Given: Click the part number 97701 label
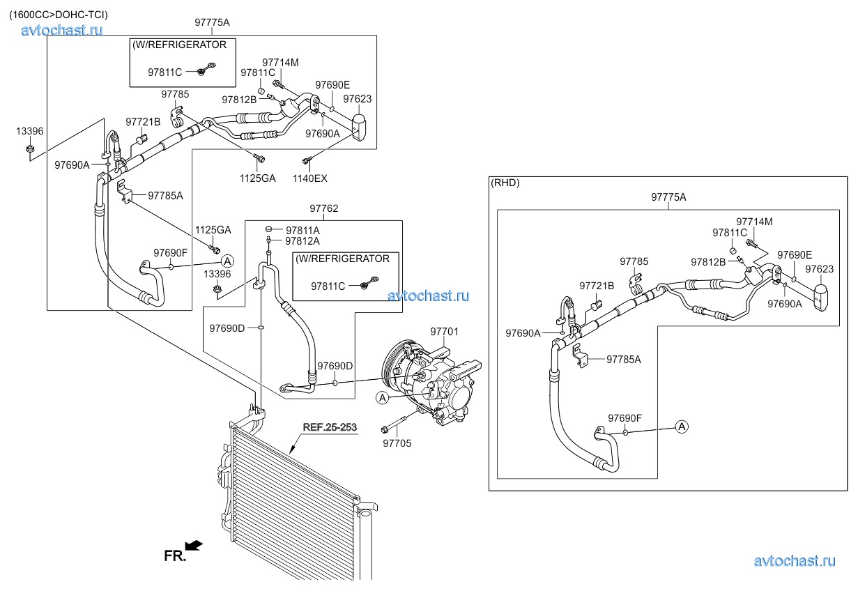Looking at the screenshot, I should tap(444, 332).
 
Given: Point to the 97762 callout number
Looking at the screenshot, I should tap(324, 208).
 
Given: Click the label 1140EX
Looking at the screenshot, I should tap(310, 178).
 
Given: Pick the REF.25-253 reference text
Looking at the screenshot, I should tap(330, 427).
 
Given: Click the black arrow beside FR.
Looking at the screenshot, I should tap(194, 545).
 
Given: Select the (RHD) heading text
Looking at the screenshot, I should tap(505, 183).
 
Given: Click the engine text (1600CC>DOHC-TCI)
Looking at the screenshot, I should tap(59, 14).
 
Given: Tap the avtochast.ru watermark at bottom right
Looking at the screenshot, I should tap(795, 561).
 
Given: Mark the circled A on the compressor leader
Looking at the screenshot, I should tap(382, 398).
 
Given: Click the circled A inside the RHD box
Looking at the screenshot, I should tap(682, 426).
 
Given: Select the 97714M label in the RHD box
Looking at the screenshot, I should tap(754, 222).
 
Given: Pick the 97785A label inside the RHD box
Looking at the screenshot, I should tap(623, 360).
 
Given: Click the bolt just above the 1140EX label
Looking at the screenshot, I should tap(306, 162).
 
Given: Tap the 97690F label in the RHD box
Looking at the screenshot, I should tap(625, 418).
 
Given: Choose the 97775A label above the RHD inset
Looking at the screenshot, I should tap(669, 197).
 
